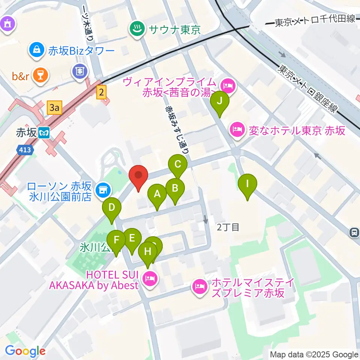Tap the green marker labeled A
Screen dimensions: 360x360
point(157,194)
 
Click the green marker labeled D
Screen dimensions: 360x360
point(111,208)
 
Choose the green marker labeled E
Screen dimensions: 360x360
point(132,238)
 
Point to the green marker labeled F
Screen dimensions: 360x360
point(116,240)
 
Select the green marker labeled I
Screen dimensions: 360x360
point(247,184)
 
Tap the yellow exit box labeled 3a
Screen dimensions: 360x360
point(55,108)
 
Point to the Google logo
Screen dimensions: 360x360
point(25,351)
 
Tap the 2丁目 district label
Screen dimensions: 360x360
point(228,227)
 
